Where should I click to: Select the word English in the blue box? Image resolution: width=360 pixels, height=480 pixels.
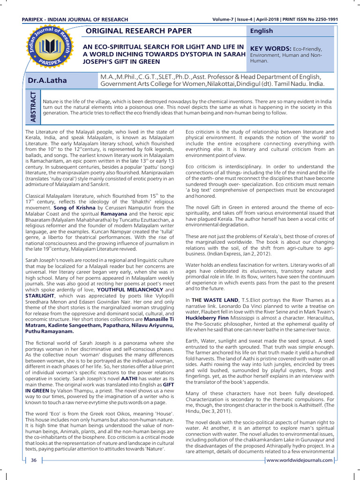pyautogui.click(x=262, y=31)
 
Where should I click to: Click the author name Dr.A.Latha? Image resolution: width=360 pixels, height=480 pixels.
pyautogui.click(x=47, y=80)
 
